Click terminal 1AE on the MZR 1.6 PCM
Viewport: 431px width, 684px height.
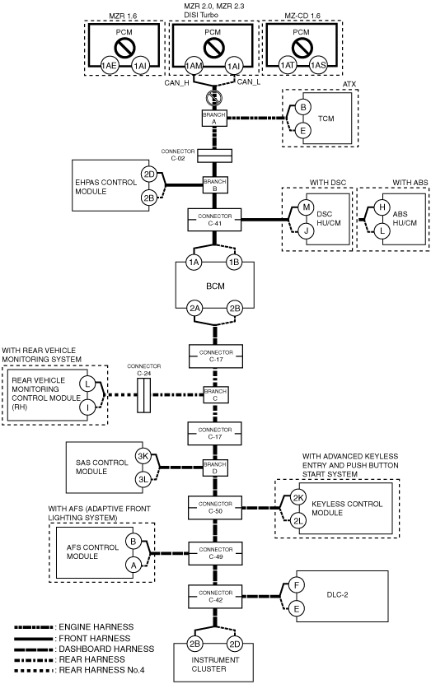point(109,66)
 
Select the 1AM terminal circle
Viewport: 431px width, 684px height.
point(194,66)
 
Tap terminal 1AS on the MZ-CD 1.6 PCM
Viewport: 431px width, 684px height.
point(318,65)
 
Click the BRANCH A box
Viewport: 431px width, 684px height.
point(214,118)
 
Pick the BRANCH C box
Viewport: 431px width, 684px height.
point(215,395)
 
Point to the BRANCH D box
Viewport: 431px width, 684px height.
point(215,468)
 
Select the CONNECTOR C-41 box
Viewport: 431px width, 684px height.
point(214,220)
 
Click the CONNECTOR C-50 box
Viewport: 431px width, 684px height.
point(215,507)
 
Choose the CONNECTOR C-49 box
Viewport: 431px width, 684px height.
point(215,553)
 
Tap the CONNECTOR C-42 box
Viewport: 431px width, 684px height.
point(215,596)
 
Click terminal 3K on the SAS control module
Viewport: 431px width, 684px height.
point(143,456)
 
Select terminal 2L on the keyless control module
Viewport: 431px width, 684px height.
point(298,521)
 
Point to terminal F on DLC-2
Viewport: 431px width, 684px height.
point(297,585)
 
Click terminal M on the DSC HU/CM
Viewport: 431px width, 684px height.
point(306,207)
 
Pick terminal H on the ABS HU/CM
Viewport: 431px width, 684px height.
point(382,207)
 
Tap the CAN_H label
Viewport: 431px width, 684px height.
point(176,83)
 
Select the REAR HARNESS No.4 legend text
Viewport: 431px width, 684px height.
point(101,670)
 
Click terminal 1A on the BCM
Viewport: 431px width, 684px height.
point(194,263)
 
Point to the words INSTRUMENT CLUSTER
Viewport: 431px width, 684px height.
point(215,664)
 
